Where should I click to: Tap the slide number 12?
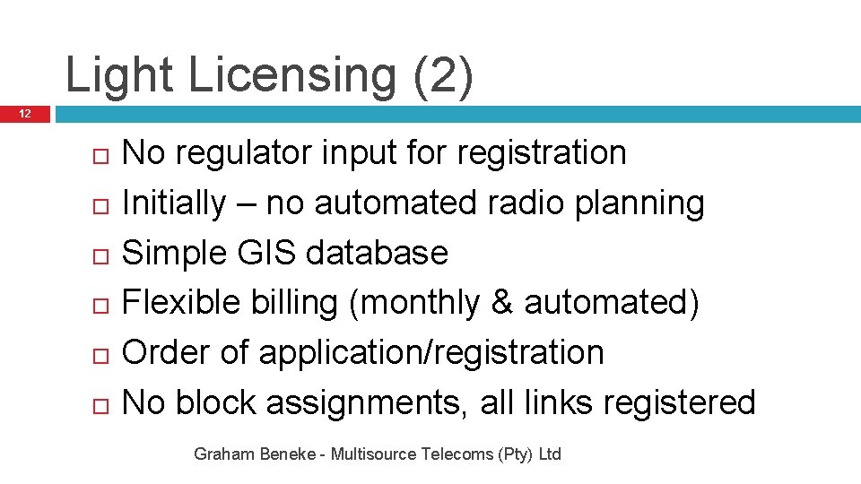click(x=25, y=114)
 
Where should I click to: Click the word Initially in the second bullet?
click(x=174, y=203)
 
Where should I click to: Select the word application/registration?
click(x=431, y=353)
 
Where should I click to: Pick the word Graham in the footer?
click(x=221, y=454)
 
